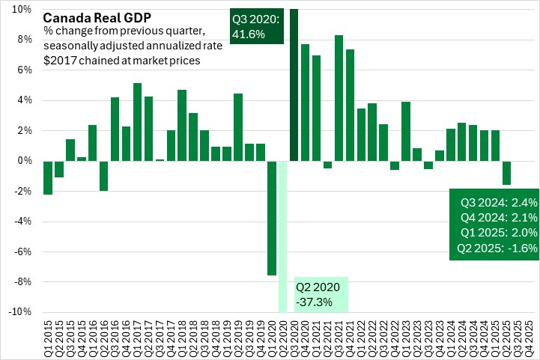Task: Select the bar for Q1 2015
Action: pyautogui.click(x=48, y=177)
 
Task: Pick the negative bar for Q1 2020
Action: pyautogui.click(x=271, y=218)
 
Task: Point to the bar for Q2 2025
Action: pyautogui.click(x=507, y=173)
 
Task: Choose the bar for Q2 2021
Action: pyautogui.click(x=327, y=165)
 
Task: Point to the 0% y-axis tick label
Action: pyautogui.click(x=24, y=160)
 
